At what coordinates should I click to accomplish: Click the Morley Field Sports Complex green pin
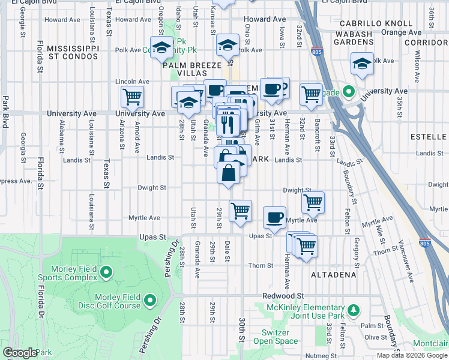point(107,273)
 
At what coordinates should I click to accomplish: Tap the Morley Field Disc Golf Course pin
point(149,299)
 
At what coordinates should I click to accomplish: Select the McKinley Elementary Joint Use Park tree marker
point(354,310)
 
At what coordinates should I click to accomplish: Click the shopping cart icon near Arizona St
point(132,96)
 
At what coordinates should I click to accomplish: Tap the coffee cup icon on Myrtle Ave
point(275,218)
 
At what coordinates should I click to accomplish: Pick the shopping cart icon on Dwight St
point(313,202)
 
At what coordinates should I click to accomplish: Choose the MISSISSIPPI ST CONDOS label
point(73,52)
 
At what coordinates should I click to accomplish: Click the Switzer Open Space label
point(280,337)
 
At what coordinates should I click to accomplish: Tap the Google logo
point(20,353)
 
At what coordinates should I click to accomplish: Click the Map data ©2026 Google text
point(412,355)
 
